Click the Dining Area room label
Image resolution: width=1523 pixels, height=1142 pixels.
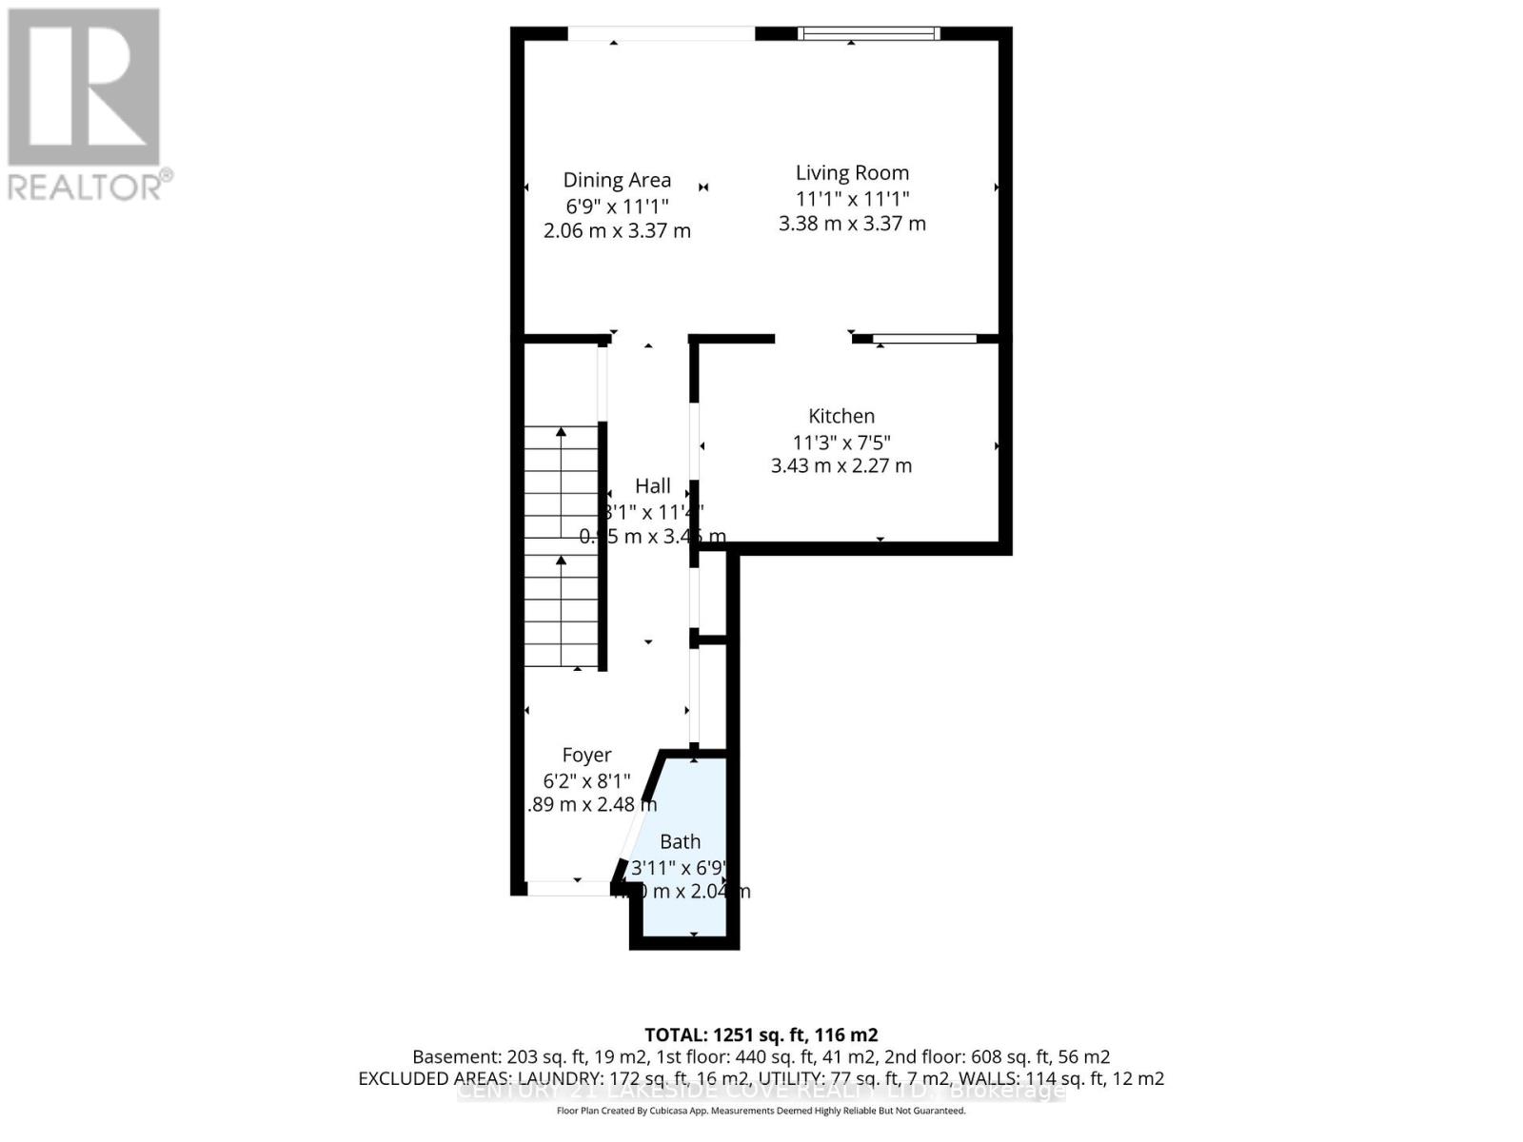[617, 180]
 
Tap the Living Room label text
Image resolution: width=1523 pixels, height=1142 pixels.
[852, 172]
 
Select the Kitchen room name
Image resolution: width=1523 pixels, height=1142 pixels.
[841, 416]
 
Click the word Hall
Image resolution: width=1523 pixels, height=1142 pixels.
[653, 485]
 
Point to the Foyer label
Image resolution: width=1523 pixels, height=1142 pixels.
[586, 755]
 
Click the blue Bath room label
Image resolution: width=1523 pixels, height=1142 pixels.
[680, 841]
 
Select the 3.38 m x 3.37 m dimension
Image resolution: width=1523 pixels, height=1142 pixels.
[852, 224]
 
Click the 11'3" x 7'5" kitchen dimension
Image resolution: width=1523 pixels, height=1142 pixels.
[841, 442]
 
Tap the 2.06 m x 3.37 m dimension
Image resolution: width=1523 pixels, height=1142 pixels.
[617, 230]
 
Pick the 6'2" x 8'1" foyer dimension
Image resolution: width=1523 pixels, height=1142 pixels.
[586, 780]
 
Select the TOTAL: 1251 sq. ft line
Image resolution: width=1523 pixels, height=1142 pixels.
[761, 1034]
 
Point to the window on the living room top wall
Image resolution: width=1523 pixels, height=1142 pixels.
[868, 33]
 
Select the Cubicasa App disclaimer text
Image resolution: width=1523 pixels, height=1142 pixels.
[761, 1111]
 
